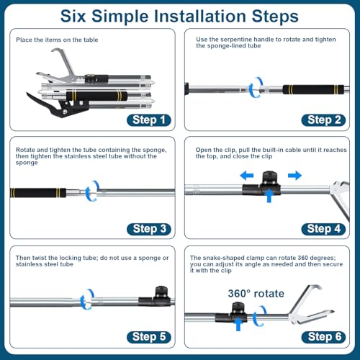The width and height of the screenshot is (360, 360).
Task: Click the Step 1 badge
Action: [x=149, y=120]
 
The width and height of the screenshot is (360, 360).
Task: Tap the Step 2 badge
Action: [x=323, y=120]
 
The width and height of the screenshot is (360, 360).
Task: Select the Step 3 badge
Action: [x=149, y=229]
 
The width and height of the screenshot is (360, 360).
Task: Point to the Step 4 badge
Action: [x=323, y=229]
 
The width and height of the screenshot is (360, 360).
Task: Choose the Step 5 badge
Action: [x=149, y=337]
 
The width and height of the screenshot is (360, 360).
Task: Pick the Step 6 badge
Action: [x=323, y=337]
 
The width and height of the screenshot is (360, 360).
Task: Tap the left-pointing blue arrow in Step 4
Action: [x=247, y=176]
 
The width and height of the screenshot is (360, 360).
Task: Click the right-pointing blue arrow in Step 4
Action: [x=294, y=176]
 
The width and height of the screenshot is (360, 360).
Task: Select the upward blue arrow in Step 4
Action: [x=269, y=196]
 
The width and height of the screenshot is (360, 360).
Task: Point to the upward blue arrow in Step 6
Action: [x=238, y=325]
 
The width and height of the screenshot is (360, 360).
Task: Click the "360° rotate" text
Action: [x=256, y=294]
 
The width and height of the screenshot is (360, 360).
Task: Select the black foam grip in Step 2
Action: [x=313, y=89]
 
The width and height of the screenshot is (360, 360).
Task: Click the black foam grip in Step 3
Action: [x=38, y=193]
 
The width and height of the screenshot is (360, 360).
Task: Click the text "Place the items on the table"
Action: [x=57, y=40]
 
